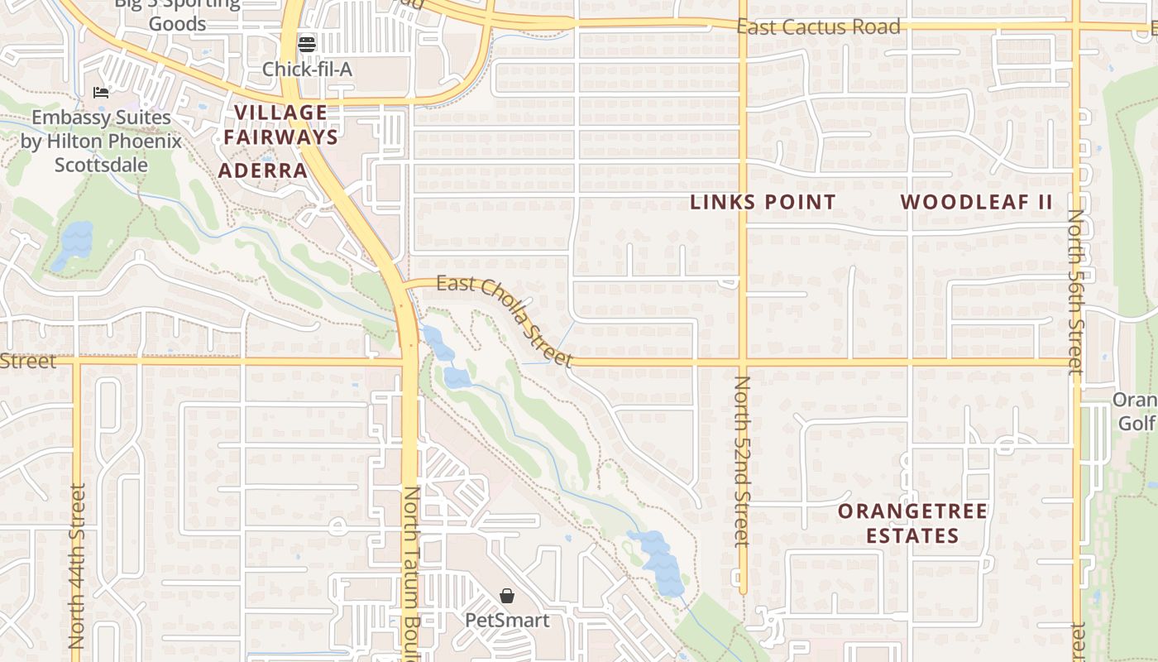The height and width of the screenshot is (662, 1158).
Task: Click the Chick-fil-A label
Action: [307, 70]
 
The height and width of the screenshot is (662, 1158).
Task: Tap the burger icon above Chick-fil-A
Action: [307, 44]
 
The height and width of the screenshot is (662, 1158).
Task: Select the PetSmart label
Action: [507, 619]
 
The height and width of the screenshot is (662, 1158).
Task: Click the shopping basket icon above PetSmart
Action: [507, 596]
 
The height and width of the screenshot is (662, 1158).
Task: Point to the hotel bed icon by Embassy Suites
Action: [101, 93]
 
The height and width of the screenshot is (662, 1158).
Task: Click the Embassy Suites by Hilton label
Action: [101, 142]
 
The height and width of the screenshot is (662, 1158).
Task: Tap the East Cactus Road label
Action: [818, 26]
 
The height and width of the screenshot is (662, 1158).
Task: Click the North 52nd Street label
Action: [742, 461]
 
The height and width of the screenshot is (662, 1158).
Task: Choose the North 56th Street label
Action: [1075, 291]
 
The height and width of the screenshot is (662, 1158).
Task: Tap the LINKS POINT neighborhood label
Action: [763, 202]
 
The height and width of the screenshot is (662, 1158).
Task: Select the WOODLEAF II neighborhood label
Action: [976, 202]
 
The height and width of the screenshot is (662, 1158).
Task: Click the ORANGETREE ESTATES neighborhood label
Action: [913, 523]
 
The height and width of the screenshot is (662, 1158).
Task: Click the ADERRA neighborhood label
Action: [262, 171]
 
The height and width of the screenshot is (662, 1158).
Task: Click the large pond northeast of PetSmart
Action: [659, 563]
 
